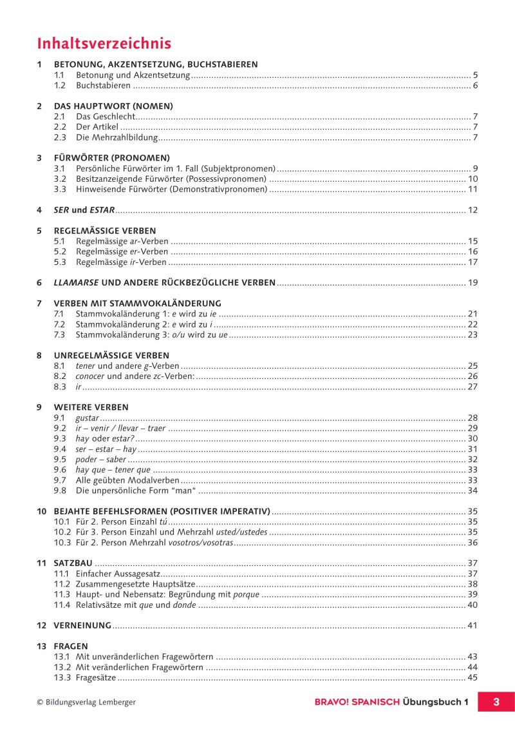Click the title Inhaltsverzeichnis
coord(104,43)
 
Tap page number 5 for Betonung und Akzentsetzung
coord(474,75)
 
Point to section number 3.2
coord(60,179)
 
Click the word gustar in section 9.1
coord(87,418)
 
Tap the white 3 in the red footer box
coord(496,701)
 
